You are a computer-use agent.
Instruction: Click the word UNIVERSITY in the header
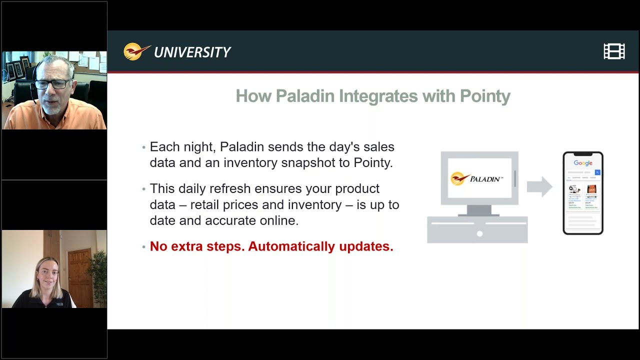192,52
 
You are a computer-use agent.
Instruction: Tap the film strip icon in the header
614,51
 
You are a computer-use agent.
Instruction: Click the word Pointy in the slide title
485,96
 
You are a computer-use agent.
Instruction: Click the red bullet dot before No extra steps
144,247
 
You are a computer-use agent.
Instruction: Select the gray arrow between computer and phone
539,187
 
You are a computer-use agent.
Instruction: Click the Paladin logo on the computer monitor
477,178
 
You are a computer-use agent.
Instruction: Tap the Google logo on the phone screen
583,163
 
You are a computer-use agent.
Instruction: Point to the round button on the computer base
479,233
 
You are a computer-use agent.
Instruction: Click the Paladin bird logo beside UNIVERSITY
136,51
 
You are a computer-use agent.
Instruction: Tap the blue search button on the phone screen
597,172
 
